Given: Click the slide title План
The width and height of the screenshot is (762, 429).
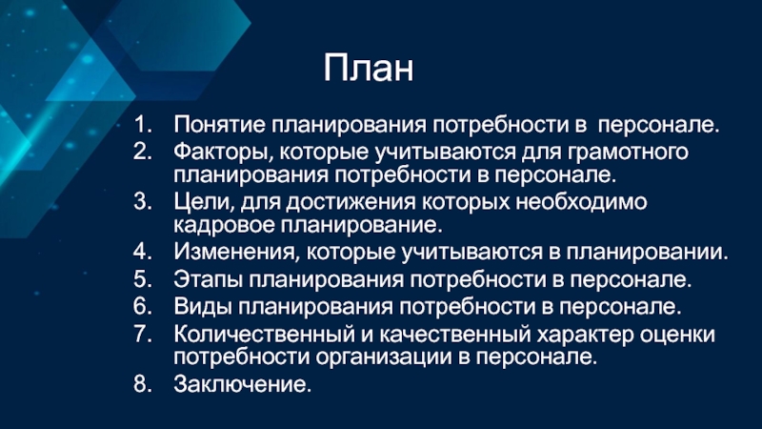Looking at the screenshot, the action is (x=369, y=68).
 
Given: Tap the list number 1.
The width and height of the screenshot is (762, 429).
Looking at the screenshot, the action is (x=142, y=124).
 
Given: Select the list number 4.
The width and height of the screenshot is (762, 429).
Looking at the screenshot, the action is (x=142, y=251).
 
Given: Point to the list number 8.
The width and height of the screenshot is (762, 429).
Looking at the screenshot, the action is (x=142, y=384).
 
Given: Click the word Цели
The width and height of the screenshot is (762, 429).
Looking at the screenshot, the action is (x=204, y=202).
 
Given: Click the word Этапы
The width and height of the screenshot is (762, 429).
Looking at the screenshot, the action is (x=208, y=279).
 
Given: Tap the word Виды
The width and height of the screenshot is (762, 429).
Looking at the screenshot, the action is (x=203, y=307).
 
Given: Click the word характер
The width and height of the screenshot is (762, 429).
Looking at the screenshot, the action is (x=585, y=335).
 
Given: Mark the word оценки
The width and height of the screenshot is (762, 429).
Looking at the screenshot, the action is (x=677, y=335).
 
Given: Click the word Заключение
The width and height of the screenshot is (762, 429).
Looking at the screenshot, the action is (x=242, y=384).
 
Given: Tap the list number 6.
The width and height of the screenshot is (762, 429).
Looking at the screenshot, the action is (x=142, y=306).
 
